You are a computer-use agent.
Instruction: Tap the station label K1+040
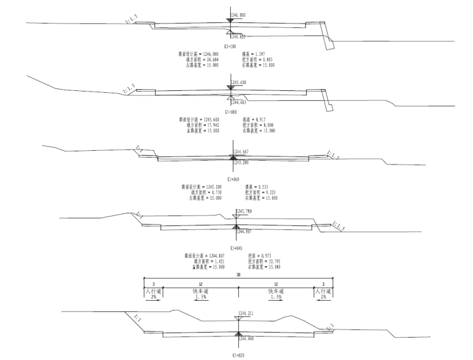click(236, 247)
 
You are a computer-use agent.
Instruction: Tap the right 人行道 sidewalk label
click(323, 291)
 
